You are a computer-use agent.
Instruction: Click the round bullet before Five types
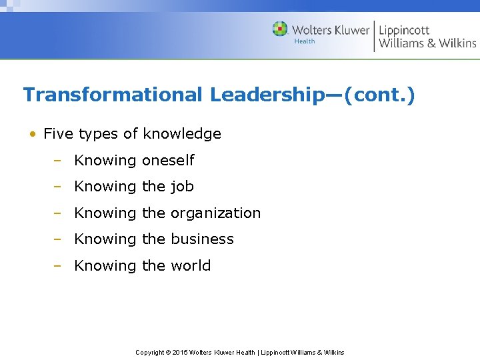click(32, 134)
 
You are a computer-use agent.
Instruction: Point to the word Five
click(58, 134)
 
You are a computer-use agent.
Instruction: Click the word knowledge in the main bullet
click(181, 134)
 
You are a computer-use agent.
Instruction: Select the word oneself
click(168, 161)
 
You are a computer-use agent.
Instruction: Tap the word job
click(182, 187)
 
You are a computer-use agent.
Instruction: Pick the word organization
click(215, 213)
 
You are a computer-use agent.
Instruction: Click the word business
click(202, 239)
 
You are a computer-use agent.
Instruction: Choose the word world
click(191, 265)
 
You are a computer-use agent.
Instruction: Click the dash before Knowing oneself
click(58, 161)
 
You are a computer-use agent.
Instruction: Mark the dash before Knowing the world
click(58, 265)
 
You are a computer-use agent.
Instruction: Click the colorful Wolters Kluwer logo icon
click(280, 29)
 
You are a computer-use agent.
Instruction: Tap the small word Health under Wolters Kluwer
click(304, 41)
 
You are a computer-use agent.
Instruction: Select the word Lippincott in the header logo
click(404, 30)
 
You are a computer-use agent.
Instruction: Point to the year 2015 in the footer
click(180, 352)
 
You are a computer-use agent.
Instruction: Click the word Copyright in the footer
click(150, 352)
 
